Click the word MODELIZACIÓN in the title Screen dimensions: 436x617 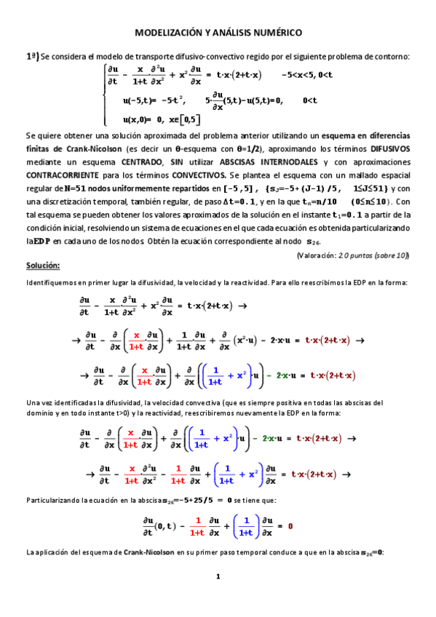[x=166, y=33]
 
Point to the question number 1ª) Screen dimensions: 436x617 [x=32, y=56]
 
